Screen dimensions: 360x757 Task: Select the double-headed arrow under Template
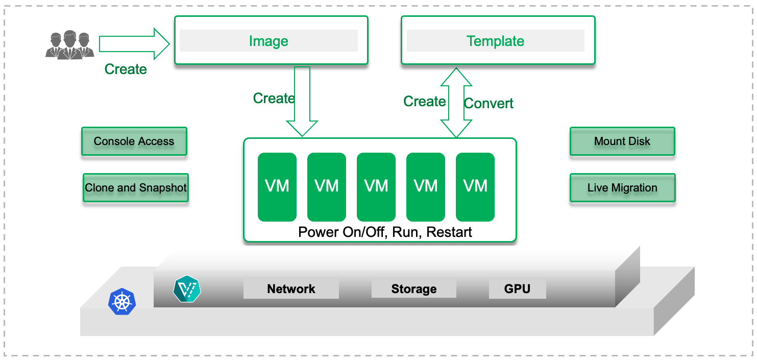click(x=456, y=102)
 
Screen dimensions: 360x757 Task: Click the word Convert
click(x=489, y=104)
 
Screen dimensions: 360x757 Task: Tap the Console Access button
click(x=134, y=141)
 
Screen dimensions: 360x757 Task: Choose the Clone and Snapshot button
click(x=136, y=188)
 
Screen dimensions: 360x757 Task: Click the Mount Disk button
click(x=622, y=141)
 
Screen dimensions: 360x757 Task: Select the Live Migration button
click(x=622, y=188)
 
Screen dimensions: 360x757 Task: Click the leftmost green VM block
click(x=277, y=187)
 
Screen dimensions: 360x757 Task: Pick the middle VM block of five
click(x=376, y=187)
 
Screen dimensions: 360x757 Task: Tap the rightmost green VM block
click(x=475, y=187)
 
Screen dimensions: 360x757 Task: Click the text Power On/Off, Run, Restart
click(x=385, y=232)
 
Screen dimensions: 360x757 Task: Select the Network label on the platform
click(x=291, y=289)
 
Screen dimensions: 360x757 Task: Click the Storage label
click(x=413, y=289)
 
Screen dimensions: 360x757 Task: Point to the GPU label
click(x=517, y=289)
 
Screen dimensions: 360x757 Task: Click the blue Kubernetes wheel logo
click(x=123, y=301)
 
